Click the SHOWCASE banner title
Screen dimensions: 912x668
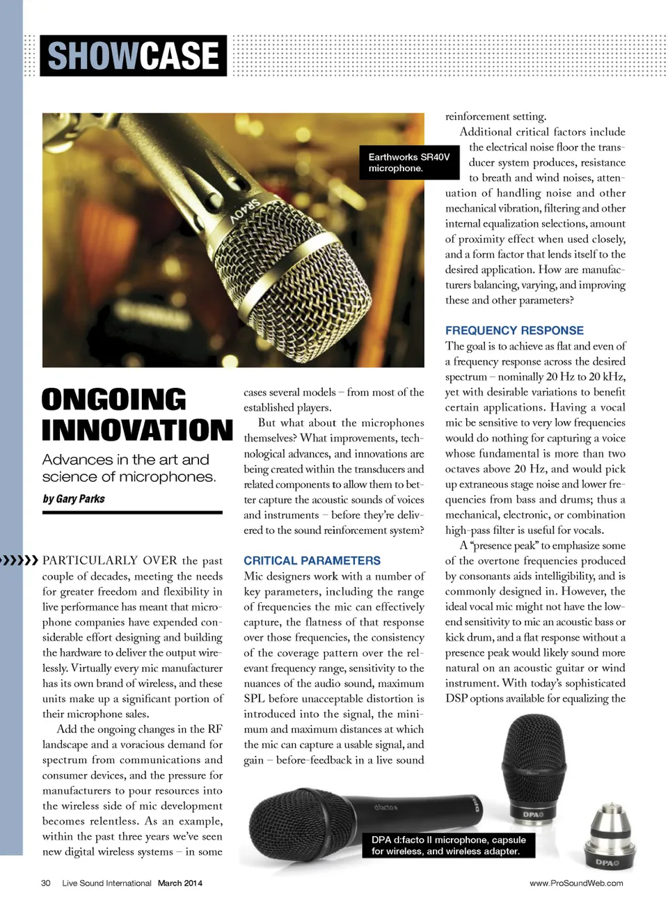(133, 56)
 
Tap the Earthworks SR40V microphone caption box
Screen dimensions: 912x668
(409, 162)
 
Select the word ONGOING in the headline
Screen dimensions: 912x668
(114, 400)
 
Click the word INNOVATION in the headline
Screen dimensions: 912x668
(137, 430)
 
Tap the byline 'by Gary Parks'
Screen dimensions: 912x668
(74, 498)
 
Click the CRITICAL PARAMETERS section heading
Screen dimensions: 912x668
(312, 560)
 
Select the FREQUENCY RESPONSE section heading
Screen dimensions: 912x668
(514, 331)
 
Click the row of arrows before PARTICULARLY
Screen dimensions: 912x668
(19, 560)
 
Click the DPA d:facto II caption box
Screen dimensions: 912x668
(449, 845)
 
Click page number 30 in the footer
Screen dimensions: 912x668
(46, 883)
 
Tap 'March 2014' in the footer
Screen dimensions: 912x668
(180, 883)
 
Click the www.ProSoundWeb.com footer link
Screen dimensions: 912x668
(576, 883)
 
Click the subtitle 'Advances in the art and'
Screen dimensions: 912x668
(125, 459)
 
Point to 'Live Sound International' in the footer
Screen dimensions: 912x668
(106, 883)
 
